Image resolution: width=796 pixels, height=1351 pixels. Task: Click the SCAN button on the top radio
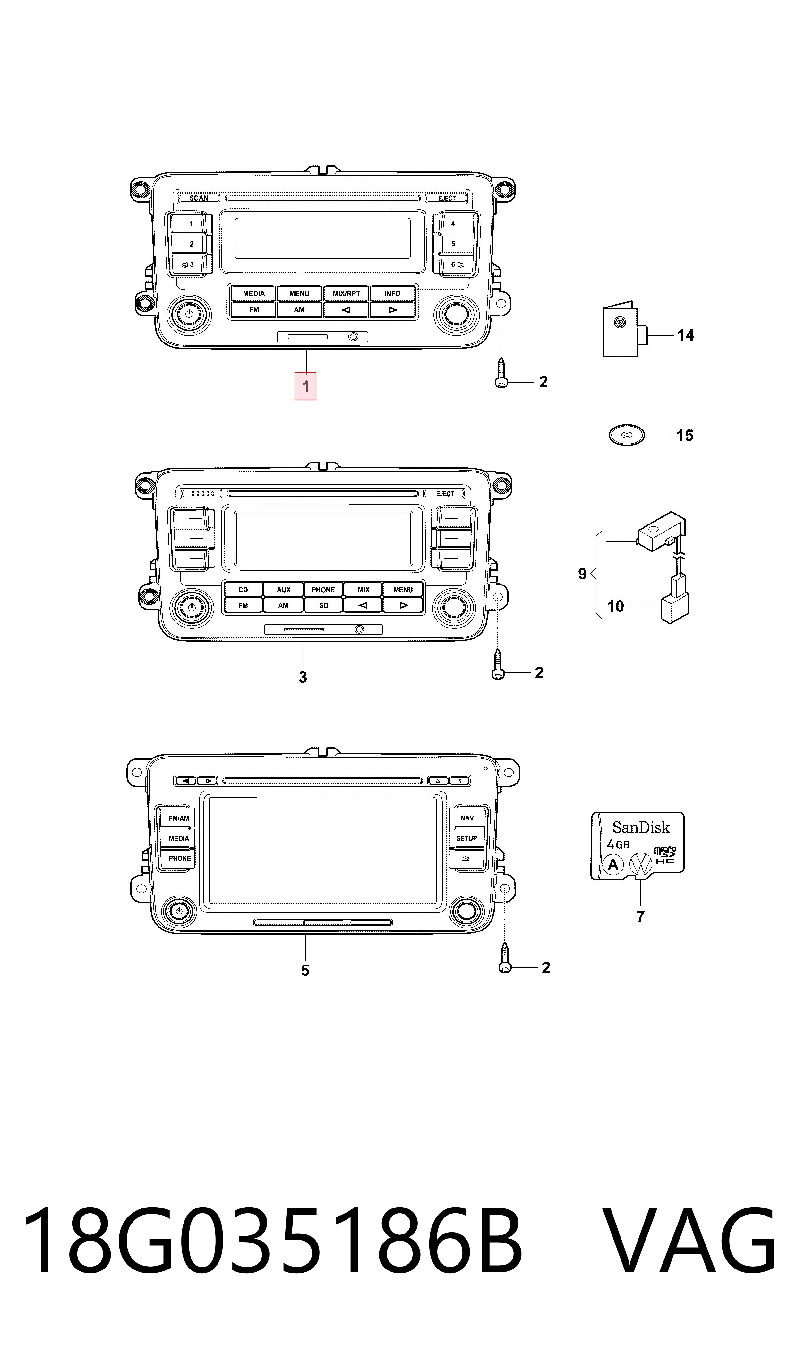coord(199,198)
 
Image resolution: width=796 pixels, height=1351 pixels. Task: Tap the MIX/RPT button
coord(346,293)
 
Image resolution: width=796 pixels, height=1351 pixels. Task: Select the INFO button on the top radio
coord(392,293)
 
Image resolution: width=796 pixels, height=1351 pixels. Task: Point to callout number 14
coord(686,335)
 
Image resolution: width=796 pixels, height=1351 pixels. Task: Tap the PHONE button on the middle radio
coord(323,590)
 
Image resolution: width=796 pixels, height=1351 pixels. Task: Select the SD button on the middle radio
coord(323,605)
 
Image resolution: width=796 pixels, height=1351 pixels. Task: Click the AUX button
coord(283,590)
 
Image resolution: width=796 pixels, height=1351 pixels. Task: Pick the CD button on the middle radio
coord(243,590)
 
